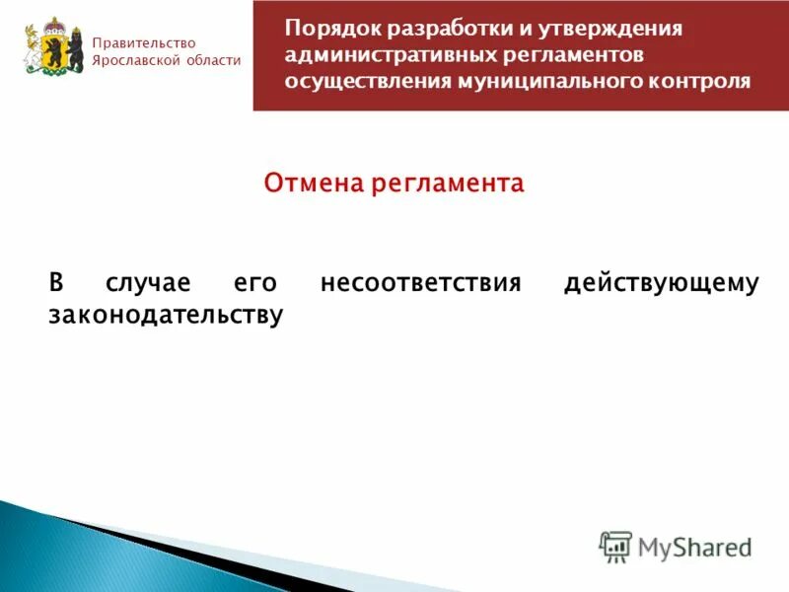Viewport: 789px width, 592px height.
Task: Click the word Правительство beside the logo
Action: pos(144,42)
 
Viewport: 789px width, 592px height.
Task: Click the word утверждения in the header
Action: pos(613,29)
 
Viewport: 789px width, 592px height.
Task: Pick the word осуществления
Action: pos(366,81)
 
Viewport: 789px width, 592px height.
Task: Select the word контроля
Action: pos(695,81)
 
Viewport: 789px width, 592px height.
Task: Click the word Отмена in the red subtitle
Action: pos(313,184)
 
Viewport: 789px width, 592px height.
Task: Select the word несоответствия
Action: pos(419,283)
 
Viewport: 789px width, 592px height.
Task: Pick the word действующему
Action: pos(661,283)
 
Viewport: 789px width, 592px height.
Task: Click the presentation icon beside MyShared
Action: pos(616,546)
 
